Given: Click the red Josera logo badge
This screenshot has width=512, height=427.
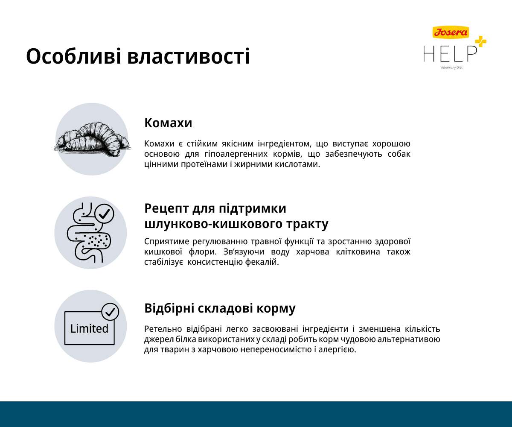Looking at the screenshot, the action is (451, 32).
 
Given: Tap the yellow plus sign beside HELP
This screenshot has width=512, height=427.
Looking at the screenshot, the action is (480, 41).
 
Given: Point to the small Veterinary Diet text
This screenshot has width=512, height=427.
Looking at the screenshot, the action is (451, 67).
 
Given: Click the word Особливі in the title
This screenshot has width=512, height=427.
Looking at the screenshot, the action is (73, 56).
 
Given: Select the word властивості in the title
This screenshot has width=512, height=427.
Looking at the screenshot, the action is (189, 56).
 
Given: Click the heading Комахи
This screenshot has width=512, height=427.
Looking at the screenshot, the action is (168, 123).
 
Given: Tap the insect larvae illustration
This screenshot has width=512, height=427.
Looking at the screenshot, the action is (92, 139).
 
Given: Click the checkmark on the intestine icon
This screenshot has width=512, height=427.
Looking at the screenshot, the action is (105, 214).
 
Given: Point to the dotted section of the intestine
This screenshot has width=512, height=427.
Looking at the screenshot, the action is (95, 240).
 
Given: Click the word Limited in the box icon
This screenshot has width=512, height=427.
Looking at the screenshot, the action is (89, 329).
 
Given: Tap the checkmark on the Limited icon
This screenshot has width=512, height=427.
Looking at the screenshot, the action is (110, 312).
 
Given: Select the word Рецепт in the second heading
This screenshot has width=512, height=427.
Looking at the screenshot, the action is (166, 209).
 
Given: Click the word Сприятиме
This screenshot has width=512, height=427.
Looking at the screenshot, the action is (166, 242).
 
